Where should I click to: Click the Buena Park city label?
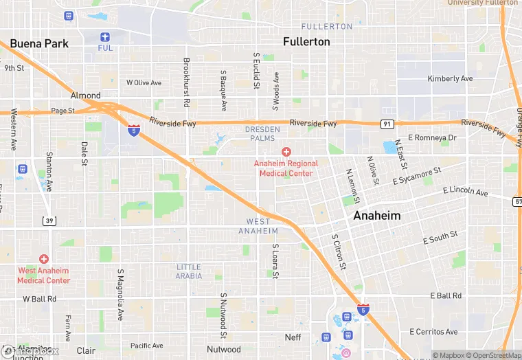pyautogui.click(x=39, y=43)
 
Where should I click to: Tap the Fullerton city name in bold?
pyautogui.click(x=306, y=41)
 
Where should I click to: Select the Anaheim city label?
pyautogui.click(x=376, y=215)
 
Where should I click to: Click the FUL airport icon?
pyautogui.click(x=104, y=37)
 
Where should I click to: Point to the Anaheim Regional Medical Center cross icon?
pyautogui.click(x=286, y=151)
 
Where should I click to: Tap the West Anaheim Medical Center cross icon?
pyautogui.click(x=44, y=259)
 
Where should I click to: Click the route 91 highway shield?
pyautogui.click(x=387, y=124)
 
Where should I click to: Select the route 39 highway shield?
pyautogui.click(x=49, y=220)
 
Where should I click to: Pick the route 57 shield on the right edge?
pyautogui.click(x=517, y=200)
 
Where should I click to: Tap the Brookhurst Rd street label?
pyautogui.click(x=186, y=82)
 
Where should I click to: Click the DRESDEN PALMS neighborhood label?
pyautogui.click(x=263, y=133)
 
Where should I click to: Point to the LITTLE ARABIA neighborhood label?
pyautogui.click(x=189, y=271)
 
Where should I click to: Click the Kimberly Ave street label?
pyautogui.click(x=450, y=78)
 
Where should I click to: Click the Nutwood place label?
pyautogui.click(x=224, y=349)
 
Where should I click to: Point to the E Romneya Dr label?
pyautogui.click(x=432, y=138)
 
